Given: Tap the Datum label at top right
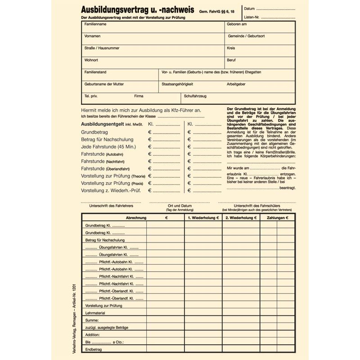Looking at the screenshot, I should point(250,9).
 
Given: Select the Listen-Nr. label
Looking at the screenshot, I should point(252,17).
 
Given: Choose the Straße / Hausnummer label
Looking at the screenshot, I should point(102,48).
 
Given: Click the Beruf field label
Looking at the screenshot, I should point(231,60).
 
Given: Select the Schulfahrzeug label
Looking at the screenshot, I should point(195,96).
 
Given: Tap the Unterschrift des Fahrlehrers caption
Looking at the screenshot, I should point(111,206).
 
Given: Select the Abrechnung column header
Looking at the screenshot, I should point(136,217).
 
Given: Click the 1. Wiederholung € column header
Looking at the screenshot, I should point(203,217).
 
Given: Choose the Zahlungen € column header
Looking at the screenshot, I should point(277,217).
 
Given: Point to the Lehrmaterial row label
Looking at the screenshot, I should point(96,312).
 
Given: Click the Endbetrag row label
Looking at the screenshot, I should point(94,349).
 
